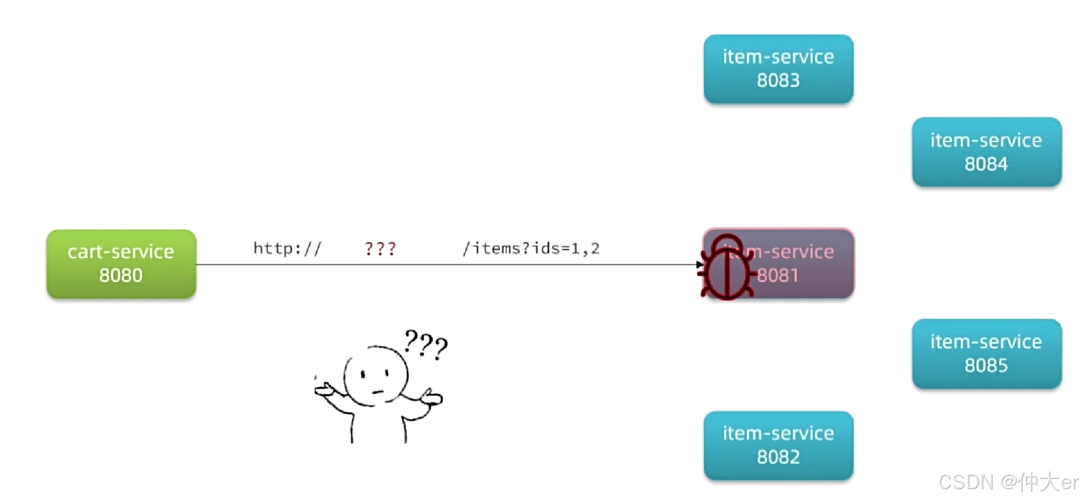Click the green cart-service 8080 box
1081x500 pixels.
tap(121, 264)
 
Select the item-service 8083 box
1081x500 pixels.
tap(778, 69)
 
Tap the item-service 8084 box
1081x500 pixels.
tap(986, 152)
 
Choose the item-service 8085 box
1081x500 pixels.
tap(986, 353)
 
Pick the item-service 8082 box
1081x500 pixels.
tap(778, 445)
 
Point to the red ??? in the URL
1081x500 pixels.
tap(380, 249)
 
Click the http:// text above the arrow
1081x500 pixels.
tap(287, 249)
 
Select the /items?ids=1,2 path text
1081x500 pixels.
tap(531, 249)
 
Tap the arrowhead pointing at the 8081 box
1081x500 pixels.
tap(700, 264)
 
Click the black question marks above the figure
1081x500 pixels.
tap(425, 344)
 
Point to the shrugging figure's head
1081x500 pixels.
tap(375, 376)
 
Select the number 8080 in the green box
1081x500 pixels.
tap(121, 276)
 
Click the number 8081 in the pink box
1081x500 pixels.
tap(778, 276)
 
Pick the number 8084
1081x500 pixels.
tap(986, 164)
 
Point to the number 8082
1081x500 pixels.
tap(778, 457)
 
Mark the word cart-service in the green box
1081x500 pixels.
tap(121, 252)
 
